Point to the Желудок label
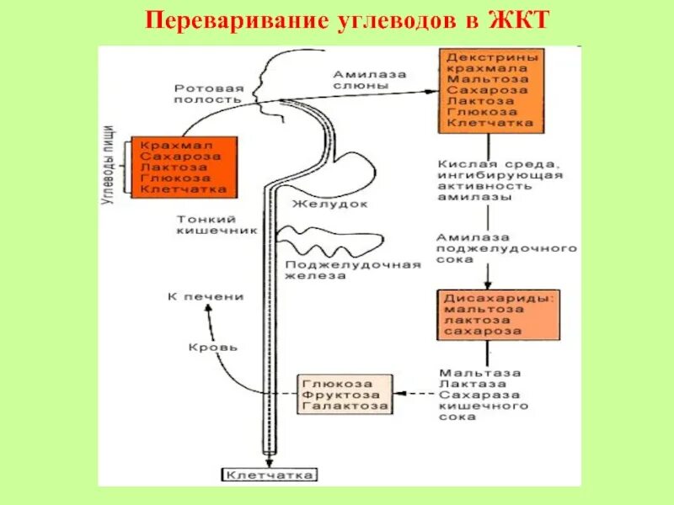[319, 204]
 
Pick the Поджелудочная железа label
[352, 270]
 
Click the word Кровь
[212, 347]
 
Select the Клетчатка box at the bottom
[270, 476]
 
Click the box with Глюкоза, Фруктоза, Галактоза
[345, 394]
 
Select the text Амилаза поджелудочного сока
[505, 249]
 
